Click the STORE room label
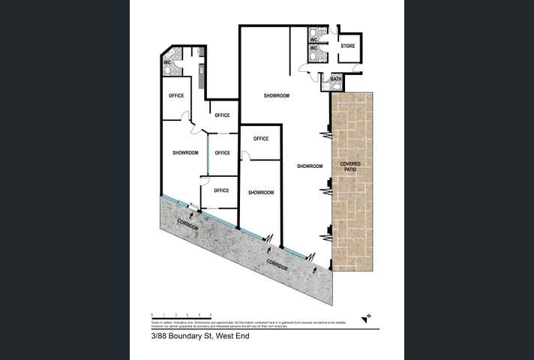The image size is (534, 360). [x=347, y=46]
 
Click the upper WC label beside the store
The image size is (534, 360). [x=314, y=39]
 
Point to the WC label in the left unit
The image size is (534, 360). [x=168, y=63]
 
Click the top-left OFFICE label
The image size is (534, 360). [x=176, y=95]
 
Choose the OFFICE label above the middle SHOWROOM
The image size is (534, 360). [x=261, y=139]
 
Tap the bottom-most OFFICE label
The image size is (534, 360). [x=221, y=190]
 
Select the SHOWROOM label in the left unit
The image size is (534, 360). [x=185, y=153]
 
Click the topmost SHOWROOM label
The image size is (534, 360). [x=276, y=96]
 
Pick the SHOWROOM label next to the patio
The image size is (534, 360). [x=310, y=166]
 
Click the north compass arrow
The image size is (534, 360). [x=365, y=318]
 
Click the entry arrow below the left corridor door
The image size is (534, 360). [x=192, y=216]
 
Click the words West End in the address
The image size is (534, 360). [x=230, y=336]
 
